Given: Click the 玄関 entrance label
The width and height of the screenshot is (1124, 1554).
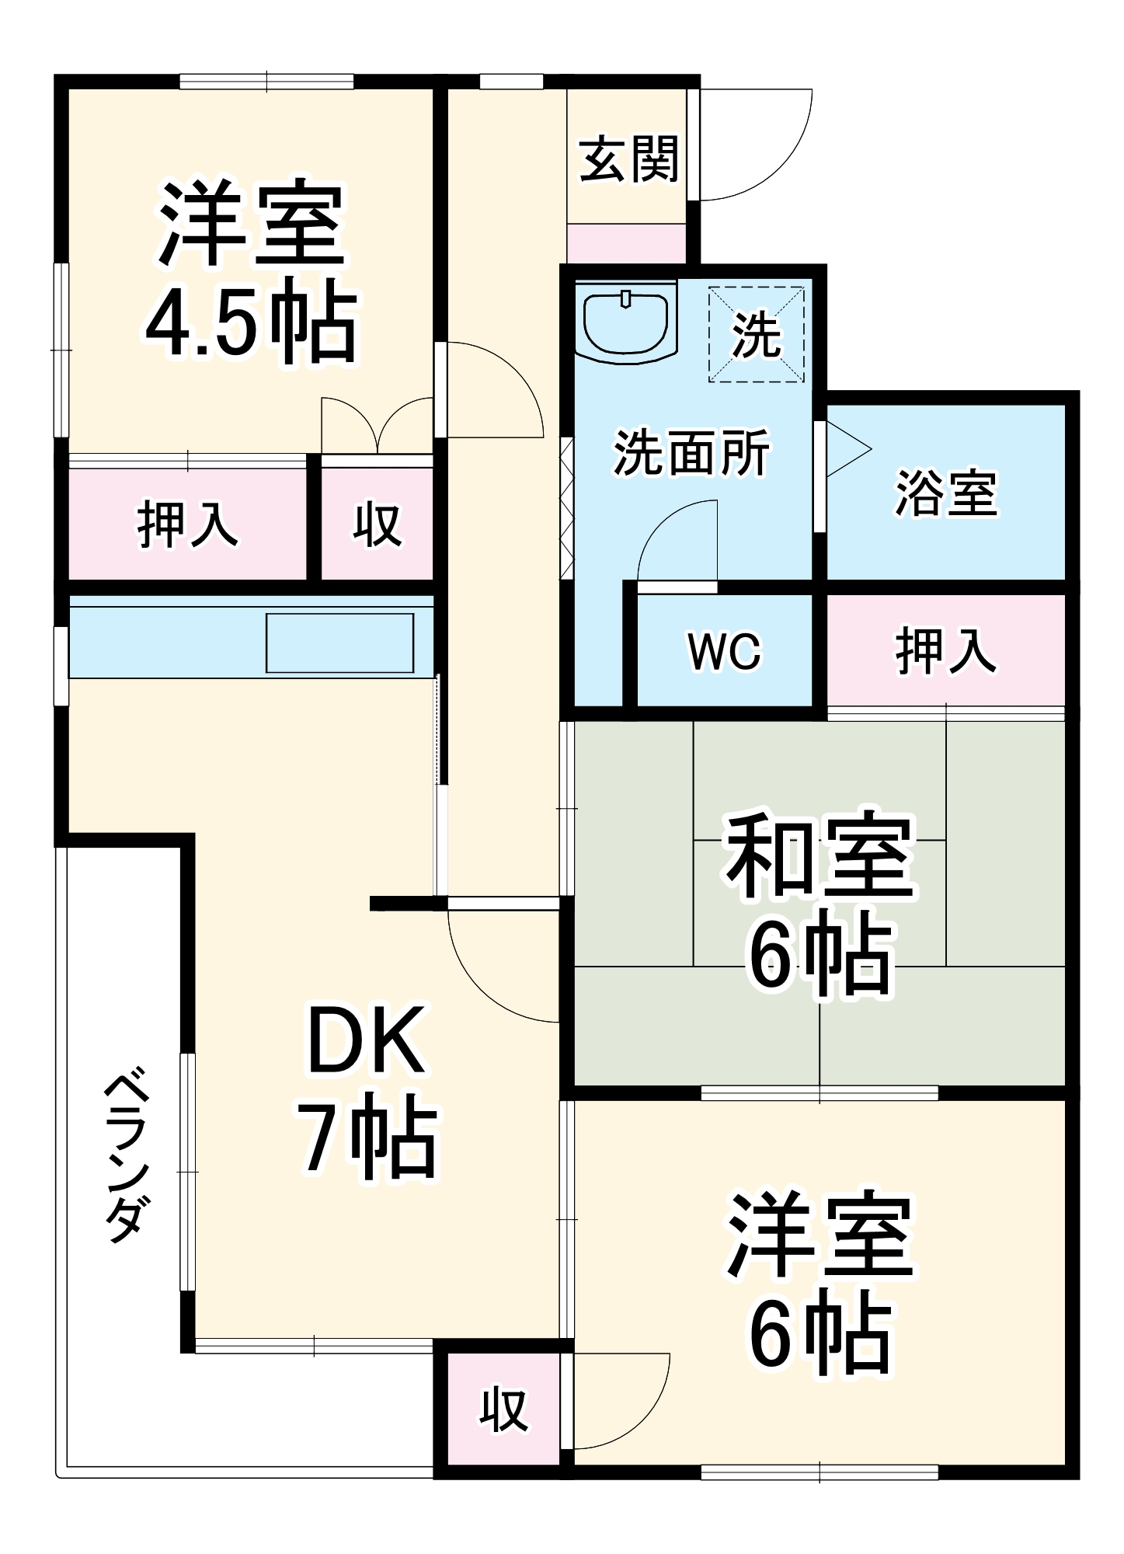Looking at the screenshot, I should (x=628, y=159).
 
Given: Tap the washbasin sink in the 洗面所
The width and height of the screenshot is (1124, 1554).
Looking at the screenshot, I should (x=626, y=322).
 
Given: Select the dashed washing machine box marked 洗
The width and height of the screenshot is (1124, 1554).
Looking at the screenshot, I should (x=756, y=335).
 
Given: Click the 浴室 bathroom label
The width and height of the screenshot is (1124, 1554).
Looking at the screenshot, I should (x=945, y=493).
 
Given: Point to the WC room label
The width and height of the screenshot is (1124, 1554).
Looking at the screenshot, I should (x=724, y=651).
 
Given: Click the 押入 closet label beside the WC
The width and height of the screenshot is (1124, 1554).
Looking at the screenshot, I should (x=945, y=651).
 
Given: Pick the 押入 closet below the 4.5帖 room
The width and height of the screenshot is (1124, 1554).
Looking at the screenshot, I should (x=187, y=524).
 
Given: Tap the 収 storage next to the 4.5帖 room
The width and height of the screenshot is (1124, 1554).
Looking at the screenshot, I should (x=378, y=524).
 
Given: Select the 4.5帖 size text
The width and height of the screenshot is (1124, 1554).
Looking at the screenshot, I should (x=252, y=322).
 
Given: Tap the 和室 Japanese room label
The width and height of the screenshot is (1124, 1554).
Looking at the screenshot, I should (x=820, y=855).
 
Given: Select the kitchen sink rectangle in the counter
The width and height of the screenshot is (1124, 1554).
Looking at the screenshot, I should (x=339, y=643).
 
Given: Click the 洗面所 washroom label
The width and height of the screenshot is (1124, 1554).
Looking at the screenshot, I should (x=691, y=452).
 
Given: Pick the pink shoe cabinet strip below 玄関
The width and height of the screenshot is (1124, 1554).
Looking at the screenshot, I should (x=626, y=244).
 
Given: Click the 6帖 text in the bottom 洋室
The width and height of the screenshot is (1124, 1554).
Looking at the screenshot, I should (x=820, y=1335).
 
